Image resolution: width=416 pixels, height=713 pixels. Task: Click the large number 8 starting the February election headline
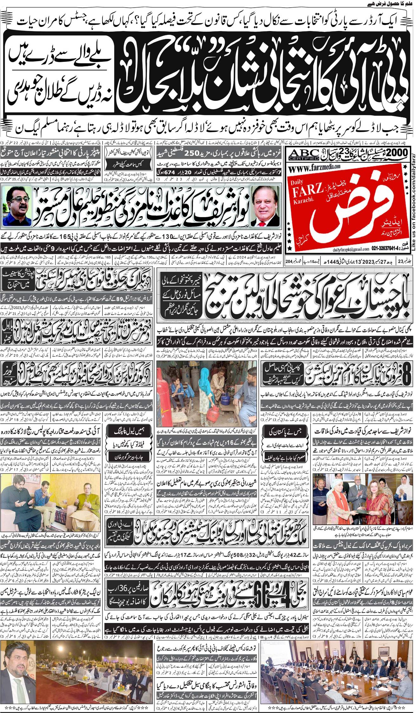point(406,375)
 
